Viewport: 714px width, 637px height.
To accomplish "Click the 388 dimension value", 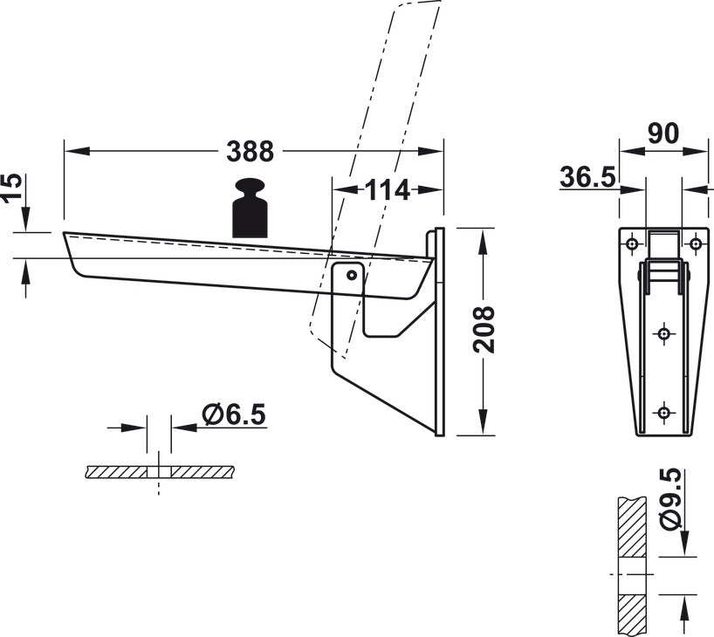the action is click(250, 151).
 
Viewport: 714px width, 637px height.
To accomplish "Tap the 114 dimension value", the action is click(388, 190).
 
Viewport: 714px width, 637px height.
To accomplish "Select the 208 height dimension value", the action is click(484, 330).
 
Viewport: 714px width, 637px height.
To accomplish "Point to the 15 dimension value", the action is click(12, 186).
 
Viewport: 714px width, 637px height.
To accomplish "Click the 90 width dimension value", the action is click(663, 134).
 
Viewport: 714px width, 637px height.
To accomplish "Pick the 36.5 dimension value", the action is click(587, 177).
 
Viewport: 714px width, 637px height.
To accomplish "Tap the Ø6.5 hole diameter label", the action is click(234, 414).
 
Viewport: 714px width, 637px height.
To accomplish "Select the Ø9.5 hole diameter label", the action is click(671, 499).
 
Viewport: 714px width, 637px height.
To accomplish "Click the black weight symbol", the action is click(250, 208).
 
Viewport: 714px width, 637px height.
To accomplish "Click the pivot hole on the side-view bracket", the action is click(352, 275).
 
